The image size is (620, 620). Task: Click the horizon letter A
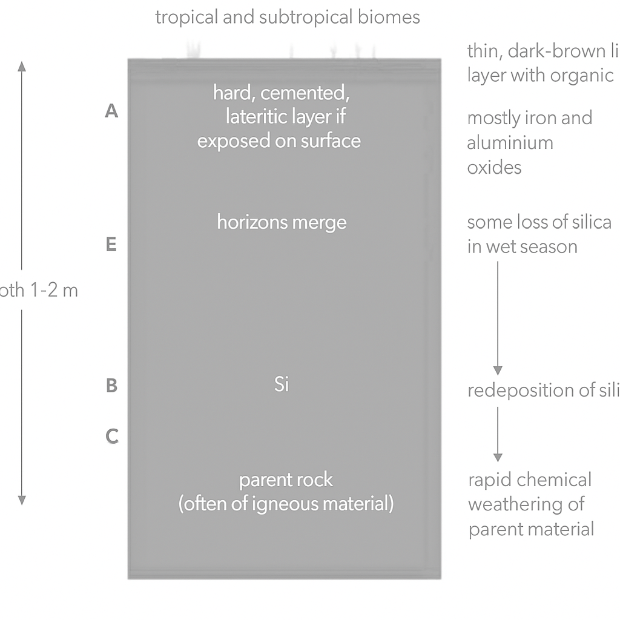(111, 111)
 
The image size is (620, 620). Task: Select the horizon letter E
(111, 245)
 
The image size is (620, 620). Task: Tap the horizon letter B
(111, 386)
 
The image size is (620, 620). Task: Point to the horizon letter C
(111, 436)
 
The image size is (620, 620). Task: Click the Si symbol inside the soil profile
(282, 384)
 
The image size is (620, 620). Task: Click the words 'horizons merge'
(282, 222)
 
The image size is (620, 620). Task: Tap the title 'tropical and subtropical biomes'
(288, 17)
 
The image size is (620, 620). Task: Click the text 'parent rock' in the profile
(286, 480)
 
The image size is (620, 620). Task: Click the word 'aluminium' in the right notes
(510, 143)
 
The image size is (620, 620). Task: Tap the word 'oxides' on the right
(494, 167)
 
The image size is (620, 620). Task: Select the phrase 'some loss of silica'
(539, 222)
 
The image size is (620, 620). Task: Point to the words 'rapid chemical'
(530, 480)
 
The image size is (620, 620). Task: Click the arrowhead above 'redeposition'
(498, 371)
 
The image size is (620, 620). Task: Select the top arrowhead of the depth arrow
(22, 66)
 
